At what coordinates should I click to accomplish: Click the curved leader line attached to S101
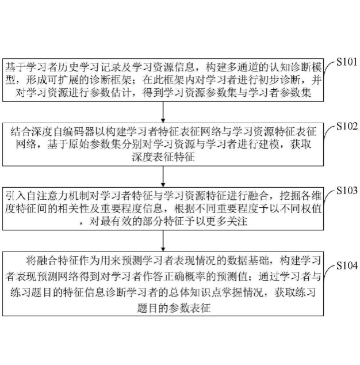328,68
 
